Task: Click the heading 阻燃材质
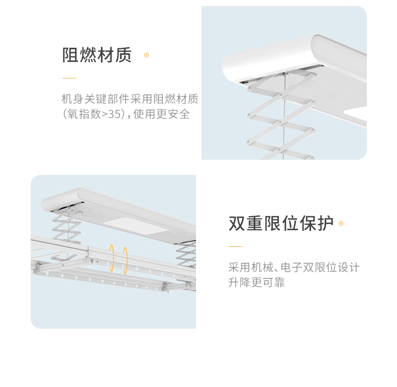click(96, 55)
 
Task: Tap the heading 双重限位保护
click(281, 224)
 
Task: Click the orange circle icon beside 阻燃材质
click(146, 55)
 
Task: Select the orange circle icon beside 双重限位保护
click(341, 224)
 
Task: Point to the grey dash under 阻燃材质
click(69, 78)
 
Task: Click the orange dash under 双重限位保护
click(235, 247)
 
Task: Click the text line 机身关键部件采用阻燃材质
click(130, 99)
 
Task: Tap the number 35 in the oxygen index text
click(115, 114)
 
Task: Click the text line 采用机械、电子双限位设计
click(294, 267)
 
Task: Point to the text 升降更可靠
click(256, 282)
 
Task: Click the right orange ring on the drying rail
click(125, 260)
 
